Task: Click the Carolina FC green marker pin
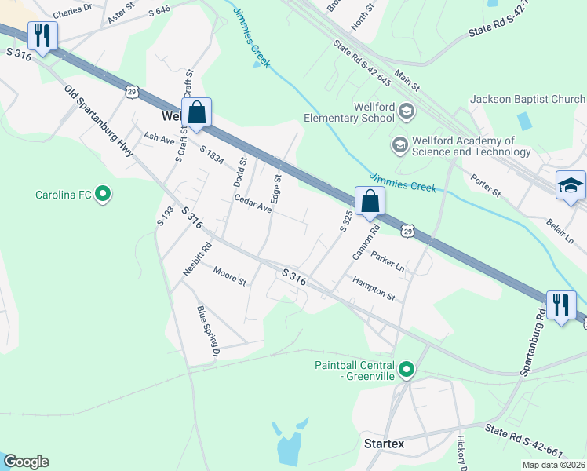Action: tap(103, 194)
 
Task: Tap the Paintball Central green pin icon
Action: tap(407, 369)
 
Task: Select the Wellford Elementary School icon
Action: tap(407, 111)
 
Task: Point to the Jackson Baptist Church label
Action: tap(527, 100)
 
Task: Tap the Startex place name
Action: tap(385, 444)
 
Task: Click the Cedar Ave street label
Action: tap(253, 204)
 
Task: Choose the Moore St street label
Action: tap(230, 276)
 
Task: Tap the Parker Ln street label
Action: tap(388, 261)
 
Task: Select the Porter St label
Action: tap(486, 187)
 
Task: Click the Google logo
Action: tap(26, 462)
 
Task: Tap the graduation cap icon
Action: tap(571, 185)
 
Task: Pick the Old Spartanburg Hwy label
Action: tap(99, 121)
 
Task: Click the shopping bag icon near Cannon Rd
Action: tap(370, 201)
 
